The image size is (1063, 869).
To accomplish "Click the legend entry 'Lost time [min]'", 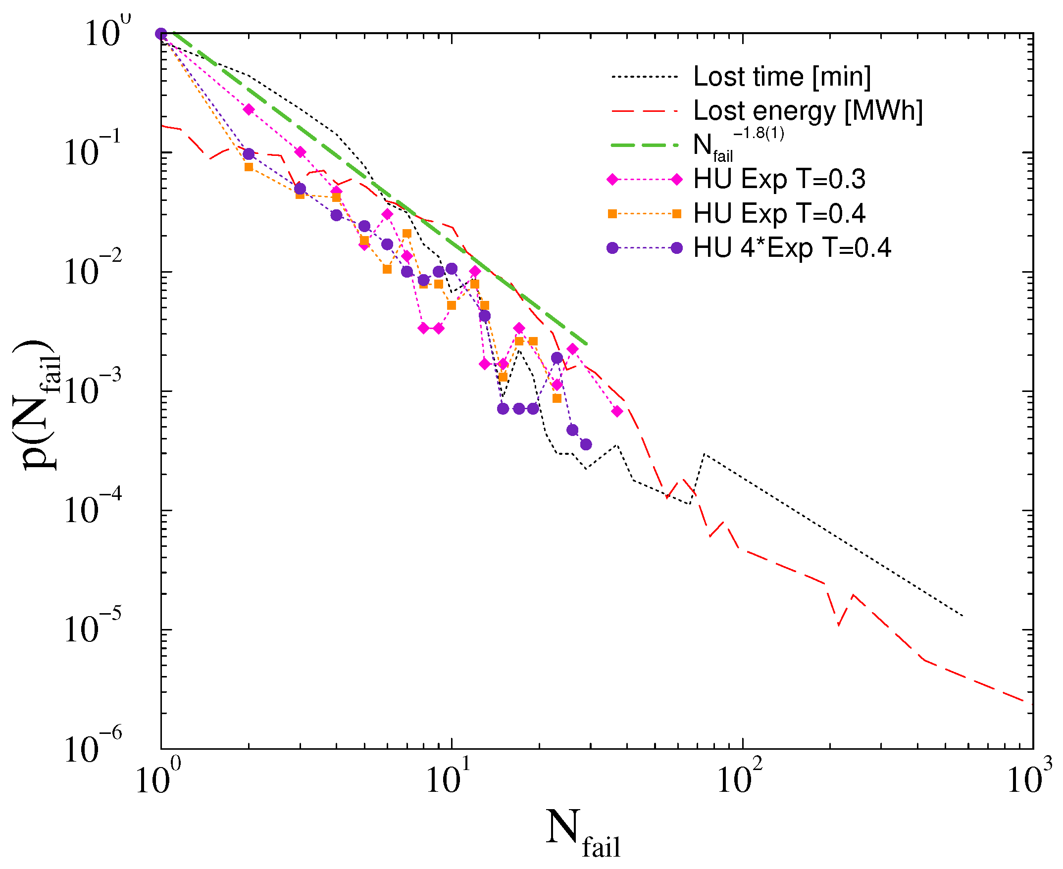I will (782, 77).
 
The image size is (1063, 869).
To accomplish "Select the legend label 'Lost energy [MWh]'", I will (808, 111).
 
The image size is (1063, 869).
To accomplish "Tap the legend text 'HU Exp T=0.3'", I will (779, 179).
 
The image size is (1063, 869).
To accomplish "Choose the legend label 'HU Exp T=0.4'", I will (779, 214).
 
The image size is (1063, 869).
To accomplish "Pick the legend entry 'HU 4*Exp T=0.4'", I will (792, 248).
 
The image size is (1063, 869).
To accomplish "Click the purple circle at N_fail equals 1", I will (161, 34).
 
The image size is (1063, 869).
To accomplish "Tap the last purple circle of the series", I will (586, 444).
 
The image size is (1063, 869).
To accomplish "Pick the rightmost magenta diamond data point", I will (617, 411).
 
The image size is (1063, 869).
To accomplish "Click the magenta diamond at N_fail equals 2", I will (249, 110).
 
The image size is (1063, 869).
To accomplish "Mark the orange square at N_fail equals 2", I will (249, 167).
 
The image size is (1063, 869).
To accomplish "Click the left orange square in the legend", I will (612, 214).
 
